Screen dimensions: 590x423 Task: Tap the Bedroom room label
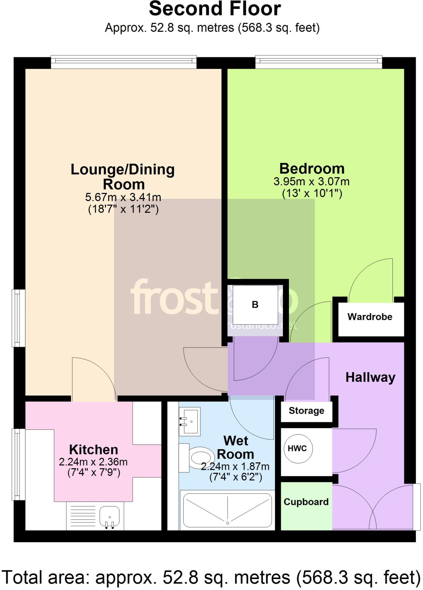click(x=312, y=169)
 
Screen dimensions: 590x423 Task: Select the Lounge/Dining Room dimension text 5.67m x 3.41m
click(x=123, y=197)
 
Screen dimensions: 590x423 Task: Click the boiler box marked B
click(x=255, y=305)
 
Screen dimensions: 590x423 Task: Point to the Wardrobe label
click(x=370, y=317)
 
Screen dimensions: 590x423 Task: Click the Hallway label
click(x=370, y=377)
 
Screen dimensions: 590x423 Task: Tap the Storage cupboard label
click(x=306, y=411)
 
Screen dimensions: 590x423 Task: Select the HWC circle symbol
click(x=297, y=449)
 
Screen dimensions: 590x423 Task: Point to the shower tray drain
click(x=228, y=523)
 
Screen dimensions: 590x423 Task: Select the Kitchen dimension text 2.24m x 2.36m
click(x=93, y=462)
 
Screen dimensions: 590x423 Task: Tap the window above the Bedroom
click(x=319, y=62)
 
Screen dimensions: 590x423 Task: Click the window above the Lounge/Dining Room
click(x=124, y=62)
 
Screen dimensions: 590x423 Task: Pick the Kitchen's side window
click(x=18, y=464)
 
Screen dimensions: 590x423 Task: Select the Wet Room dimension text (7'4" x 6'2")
click(x=236, y=478)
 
